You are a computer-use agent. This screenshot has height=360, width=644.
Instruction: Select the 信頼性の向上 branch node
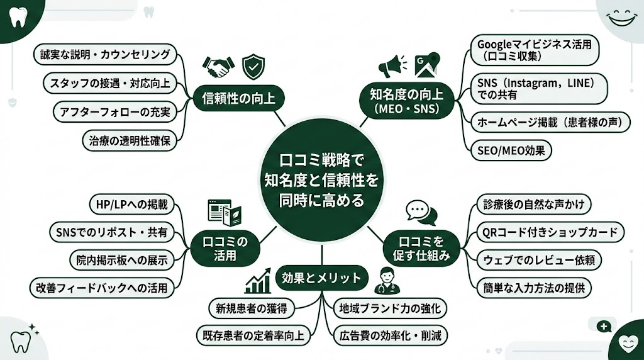(x=234, y=98)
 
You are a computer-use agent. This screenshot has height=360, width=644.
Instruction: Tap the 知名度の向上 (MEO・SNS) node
(x=406, y=101)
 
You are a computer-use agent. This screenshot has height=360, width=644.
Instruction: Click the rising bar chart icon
(x=258, y=281)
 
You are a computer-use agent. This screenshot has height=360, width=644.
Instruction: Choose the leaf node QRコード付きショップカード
(x=549, y=232)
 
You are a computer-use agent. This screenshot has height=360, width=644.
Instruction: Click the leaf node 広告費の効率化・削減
(x=389, y=335)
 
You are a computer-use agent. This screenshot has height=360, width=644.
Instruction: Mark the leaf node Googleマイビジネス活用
(x=536, y=51)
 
